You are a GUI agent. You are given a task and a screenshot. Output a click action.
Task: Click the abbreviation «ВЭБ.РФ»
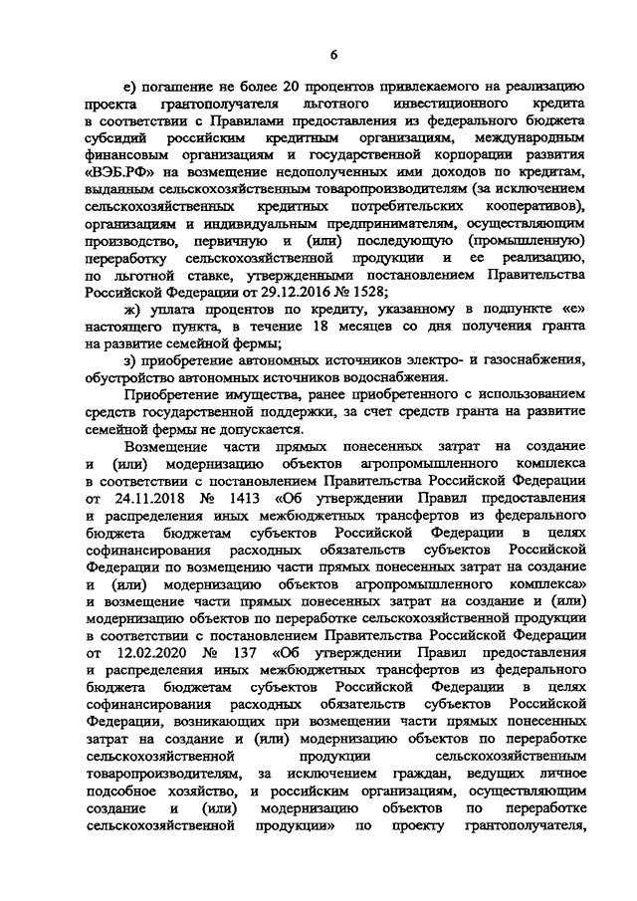click(x=121, y=170)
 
